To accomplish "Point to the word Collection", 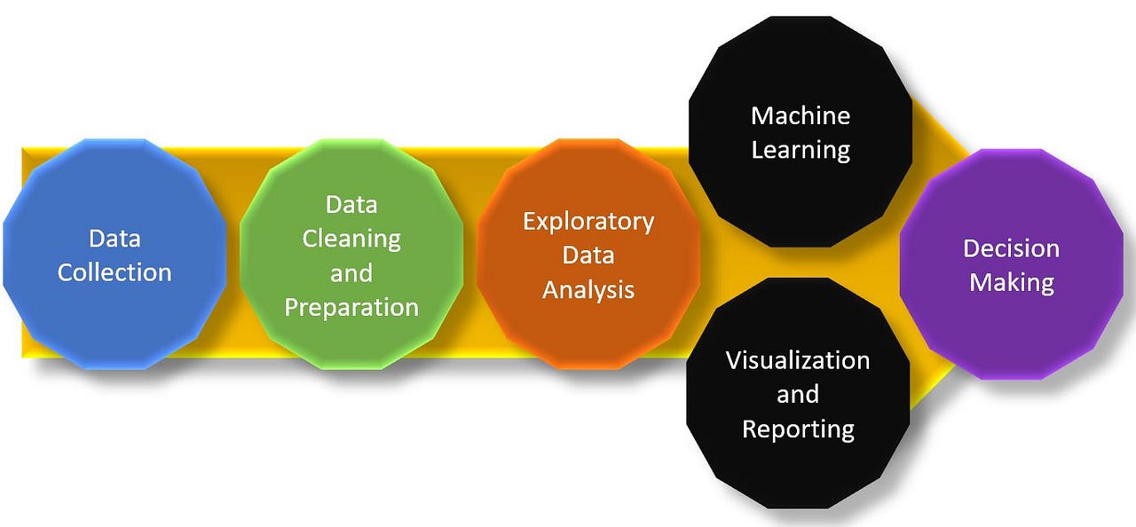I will point(114,271).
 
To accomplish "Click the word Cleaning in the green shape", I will point(351,239).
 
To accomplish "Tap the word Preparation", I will point(351,307).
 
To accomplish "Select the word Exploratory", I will point(588,221).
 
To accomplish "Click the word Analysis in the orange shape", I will point(588,289).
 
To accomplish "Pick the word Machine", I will point(801,115).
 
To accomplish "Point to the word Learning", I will point(801,149).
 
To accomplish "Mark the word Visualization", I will point(798,360).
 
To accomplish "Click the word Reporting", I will point(798,429).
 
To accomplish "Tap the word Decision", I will point(1011,248).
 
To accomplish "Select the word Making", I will point(1011,282).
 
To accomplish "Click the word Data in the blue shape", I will point(114,238).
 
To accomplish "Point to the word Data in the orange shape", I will point(588,256).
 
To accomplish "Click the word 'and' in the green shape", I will point(351,272).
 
